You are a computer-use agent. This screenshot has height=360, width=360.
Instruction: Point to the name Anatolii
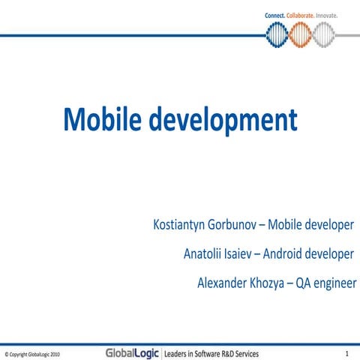coord(205,254)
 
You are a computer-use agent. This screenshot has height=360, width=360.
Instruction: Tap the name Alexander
coord(223,283)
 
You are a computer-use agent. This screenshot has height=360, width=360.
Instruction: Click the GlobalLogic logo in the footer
coord(132,352)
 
